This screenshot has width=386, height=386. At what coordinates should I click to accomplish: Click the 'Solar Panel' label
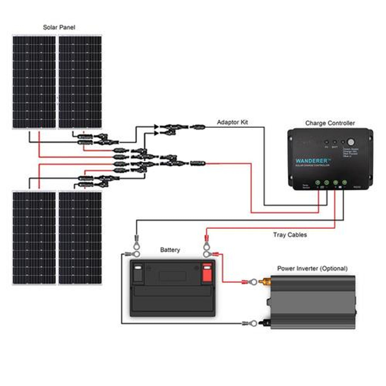[59, 27]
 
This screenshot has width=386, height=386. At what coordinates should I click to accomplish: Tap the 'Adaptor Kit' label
[232, 122]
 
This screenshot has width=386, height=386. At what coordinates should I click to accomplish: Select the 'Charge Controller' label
[330, 123]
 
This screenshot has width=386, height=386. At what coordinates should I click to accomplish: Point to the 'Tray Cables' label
[290, 235]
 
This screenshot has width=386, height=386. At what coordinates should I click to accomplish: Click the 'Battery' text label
[170, 250]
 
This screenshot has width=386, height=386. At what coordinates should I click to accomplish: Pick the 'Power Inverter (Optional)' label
[312, 268]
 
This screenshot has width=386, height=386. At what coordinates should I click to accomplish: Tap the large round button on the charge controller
[351, 142]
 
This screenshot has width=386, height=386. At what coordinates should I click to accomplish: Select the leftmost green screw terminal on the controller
[318, 182]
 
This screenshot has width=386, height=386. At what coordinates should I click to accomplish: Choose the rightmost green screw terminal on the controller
[344, 182]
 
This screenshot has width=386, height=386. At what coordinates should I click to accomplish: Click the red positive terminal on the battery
[207, 273]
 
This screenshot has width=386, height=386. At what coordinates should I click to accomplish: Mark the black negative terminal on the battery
[138, 273]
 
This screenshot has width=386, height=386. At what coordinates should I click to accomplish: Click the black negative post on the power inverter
[264, 323]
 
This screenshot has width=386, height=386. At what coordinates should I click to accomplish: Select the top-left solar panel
[34, 82]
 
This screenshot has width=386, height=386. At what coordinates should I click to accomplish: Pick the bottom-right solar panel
[80, 238]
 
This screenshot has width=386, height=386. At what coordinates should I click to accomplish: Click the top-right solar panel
[80, 82]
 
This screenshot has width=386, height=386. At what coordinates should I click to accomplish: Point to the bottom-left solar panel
[34, 238]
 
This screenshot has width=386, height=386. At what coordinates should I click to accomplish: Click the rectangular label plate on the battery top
[172, 276]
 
